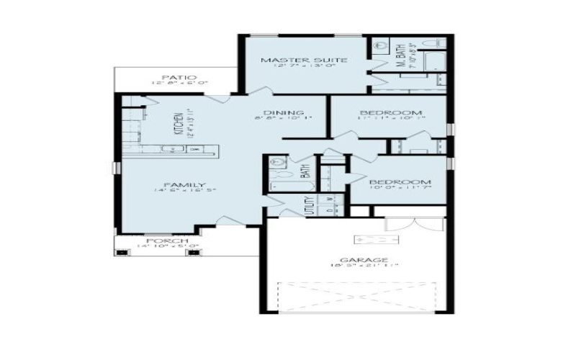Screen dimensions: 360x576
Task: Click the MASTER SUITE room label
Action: click(x=294, y=60)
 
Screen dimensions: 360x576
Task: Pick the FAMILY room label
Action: click(x=175, y=184)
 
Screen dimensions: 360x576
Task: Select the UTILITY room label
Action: click(x=309, y=204)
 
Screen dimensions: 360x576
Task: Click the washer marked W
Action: click(x=329, y=199)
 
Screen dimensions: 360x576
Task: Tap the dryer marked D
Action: click(x=329, y=210)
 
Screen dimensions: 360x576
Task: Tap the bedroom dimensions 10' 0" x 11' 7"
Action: click(x=400, y=189)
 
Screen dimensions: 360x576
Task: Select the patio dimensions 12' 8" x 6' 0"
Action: click(x=179, y=83)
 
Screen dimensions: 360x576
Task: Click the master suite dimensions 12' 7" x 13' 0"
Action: click(x=294, y=67)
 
